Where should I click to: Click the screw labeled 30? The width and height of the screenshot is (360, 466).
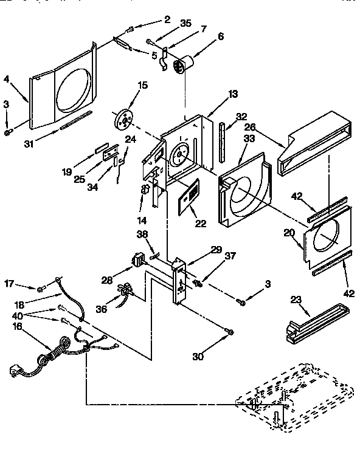229,331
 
